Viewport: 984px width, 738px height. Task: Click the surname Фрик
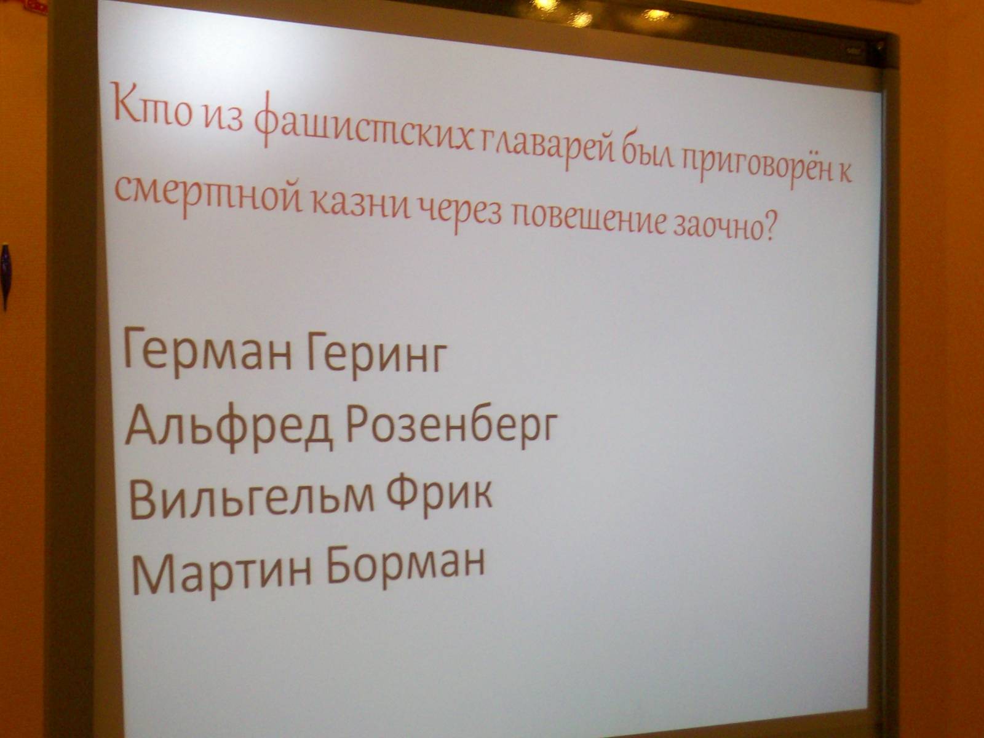[439, 494]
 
